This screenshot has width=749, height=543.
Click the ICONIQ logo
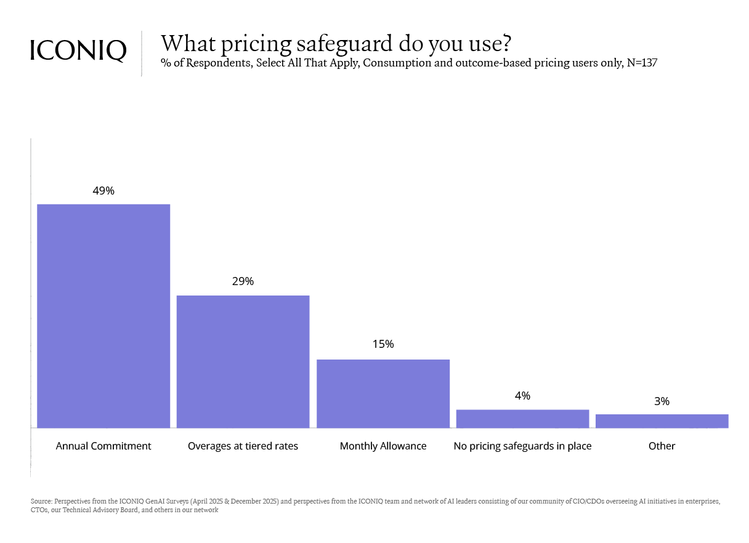(x=78, y=50)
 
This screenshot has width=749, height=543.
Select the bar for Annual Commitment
(x=103, y=316)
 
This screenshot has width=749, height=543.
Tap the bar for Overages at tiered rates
(x=243, y=361)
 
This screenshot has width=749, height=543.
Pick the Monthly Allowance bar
(x=383, y=393)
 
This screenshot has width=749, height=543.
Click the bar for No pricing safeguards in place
(x=522, y=419)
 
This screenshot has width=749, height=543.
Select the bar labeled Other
(x=662, y=421)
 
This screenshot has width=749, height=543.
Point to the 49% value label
(x=103, y=191)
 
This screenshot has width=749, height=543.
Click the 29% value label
(x=243, y=281)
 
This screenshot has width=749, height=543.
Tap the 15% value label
(x=383, y=344)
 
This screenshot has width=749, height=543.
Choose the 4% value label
(x=522, y=396)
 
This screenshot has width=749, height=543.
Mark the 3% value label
(x=662, y=401)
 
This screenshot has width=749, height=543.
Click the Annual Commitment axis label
(x=103, y=446)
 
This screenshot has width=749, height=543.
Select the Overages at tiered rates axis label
(x=243, y=446)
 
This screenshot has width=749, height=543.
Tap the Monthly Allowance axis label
(x=383, y=446)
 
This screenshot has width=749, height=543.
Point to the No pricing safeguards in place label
(x=522, y=446)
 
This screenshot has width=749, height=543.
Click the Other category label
(x=662, y=446)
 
